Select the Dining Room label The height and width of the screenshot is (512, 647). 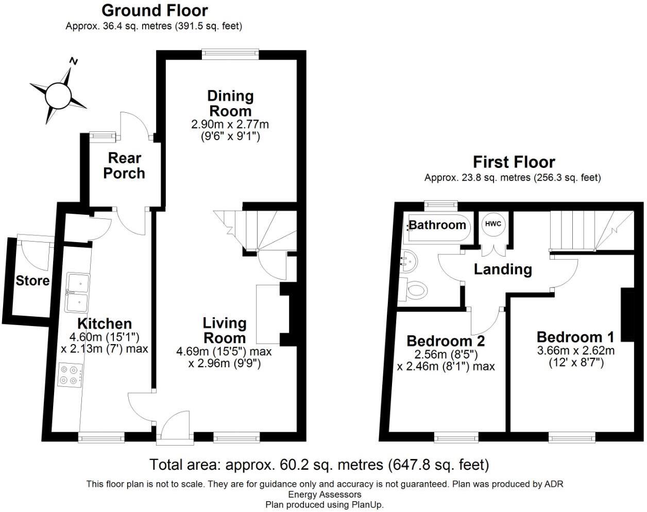(x=230, y=103)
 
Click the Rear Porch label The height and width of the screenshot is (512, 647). (x=124, y=165)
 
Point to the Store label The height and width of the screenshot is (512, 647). (x=32, y=281)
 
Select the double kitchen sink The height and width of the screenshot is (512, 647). (x=77, y=293)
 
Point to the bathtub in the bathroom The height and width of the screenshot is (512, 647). (x=438, y=226)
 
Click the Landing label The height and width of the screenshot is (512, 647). (x=503, y=269)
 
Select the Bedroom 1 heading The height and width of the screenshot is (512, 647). (x=575, y=337)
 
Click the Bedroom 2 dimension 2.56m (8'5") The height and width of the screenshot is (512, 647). (x=446, y=354)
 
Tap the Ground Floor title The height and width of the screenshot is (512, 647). (x=155, y=10)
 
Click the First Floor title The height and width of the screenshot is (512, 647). (x=514, y=162)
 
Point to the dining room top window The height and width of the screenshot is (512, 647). (x=230, y=52)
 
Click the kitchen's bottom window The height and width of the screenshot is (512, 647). (x=101, y=437)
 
